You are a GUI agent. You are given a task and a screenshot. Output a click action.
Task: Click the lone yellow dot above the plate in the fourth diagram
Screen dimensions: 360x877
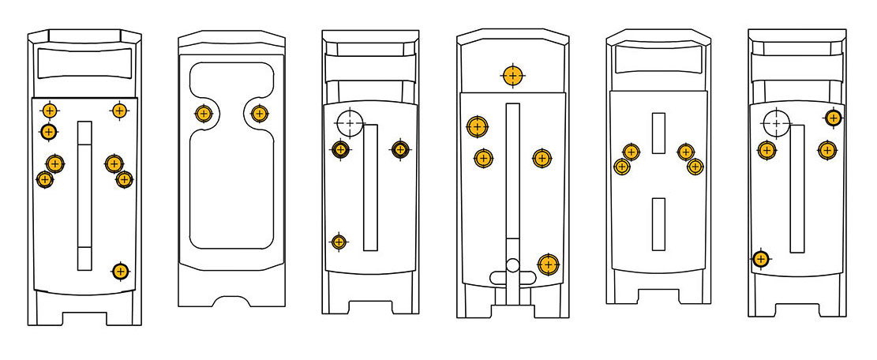point(513,76)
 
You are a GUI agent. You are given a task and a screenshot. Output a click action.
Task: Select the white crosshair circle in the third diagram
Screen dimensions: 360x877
point(349,123)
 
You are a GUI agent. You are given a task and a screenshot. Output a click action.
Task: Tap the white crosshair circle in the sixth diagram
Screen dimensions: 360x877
point(777,123)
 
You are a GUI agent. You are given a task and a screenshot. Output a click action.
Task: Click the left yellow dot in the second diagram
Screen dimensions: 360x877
point(204,114)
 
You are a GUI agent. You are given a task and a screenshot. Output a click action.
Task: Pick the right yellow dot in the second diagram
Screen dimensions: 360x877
point(259,114)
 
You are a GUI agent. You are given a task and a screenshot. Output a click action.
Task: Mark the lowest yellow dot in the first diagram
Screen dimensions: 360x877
point(120,272)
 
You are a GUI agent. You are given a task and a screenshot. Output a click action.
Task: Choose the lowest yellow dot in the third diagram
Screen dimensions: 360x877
point(339,242)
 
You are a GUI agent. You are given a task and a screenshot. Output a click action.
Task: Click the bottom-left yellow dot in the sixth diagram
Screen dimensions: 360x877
point(760,258)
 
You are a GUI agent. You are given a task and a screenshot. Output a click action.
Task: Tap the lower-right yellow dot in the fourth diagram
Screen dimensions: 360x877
point(548,264)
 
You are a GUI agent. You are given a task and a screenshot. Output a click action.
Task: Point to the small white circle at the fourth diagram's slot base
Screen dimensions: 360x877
point(512,265)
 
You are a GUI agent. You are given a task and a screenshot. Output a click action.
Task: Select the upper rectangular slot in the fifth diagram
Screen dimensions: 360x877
point(658,133)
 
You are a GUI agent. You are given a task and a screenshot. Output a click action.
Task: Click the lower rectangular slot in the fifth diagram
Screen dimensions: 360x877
point(658,223)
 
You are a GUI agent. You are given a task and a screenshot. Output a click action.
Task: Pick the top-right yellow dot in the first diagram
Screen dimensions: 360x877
point(119,111)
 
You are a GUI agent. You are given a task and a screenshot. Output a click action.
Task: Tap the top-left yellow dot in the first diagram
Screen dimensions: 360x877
point(50,111)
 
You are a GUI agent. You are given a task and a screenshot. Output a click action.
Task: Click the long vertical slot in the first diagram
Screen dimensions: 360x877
point(84,196)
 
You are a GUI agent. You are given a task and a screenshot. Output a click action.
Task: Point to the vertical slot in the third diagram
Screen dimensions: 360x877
point(370,187)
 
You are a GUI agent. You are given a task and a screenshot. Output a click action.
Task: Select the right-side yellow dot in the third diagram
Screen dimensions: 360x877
point(400,148)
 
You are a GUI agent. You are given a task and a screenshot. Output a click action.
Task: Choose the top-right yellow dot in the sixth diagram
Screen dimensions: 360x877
point(833,118)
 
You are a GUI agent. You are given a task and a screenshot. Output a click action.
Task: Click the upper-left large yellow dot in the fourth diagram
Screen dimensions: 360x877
point(477,126)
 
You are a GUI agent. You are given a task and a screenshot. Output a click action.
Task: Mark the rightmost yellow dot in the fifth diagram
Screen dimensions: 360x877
point(695,167)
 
